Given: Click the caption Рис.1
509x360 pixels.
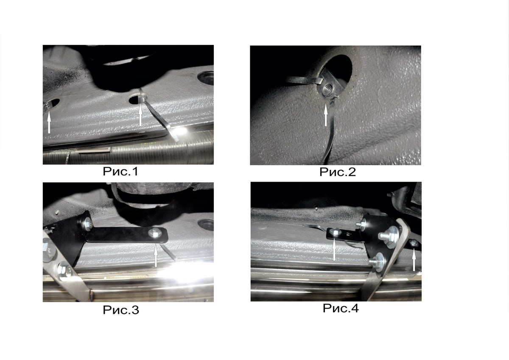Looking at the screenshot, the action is tap(120, 172).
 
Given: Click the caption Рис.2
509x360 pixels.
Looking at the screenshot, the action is tap(338, 172).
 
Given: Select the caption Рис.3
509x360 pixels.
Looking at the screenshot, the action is tap(120, 310).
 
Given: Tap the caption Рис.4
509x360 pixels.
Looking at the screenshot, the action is tap(341, 308).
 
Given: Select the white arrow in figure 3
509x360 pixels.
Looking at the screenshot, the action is tap(156, 257).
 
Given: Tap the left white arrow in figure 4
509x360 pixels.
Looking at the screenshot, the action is tap(334, 250).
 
